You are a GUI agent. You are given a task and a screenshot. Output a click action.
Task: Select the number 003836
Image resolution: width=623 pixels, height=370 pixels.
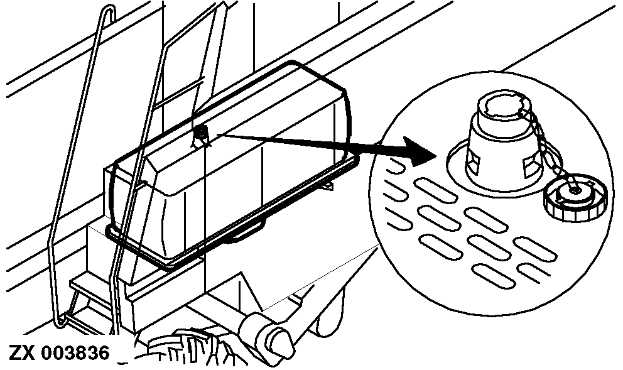[x=75, y=352]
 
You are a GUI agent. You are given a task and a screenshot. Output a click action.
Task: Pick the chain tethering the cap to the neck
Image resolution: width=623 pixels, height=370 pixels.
[x=550, y=151]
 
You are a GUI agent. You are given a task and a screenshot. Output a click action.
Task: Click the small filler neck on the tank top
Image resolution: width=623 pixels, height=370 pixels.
[x=201, y=135]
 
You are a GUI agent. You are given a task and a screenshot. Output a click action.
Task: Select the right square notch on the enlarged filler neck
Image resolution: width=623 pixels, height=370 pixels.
[x=530, y=166]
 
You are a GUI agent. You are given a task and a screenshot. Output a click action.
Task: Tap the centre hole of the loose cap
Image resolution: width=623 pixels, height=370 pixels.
[x=575, y=191]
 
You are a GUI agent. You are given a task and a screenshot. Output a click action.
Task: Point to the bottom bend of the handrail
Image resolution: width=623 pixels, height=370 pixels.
[x=60, y=320]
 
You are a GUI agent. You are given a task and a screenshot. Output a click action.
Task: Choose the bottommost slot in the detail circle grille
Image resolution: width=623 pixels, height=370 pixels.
[x=492, y=276]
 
